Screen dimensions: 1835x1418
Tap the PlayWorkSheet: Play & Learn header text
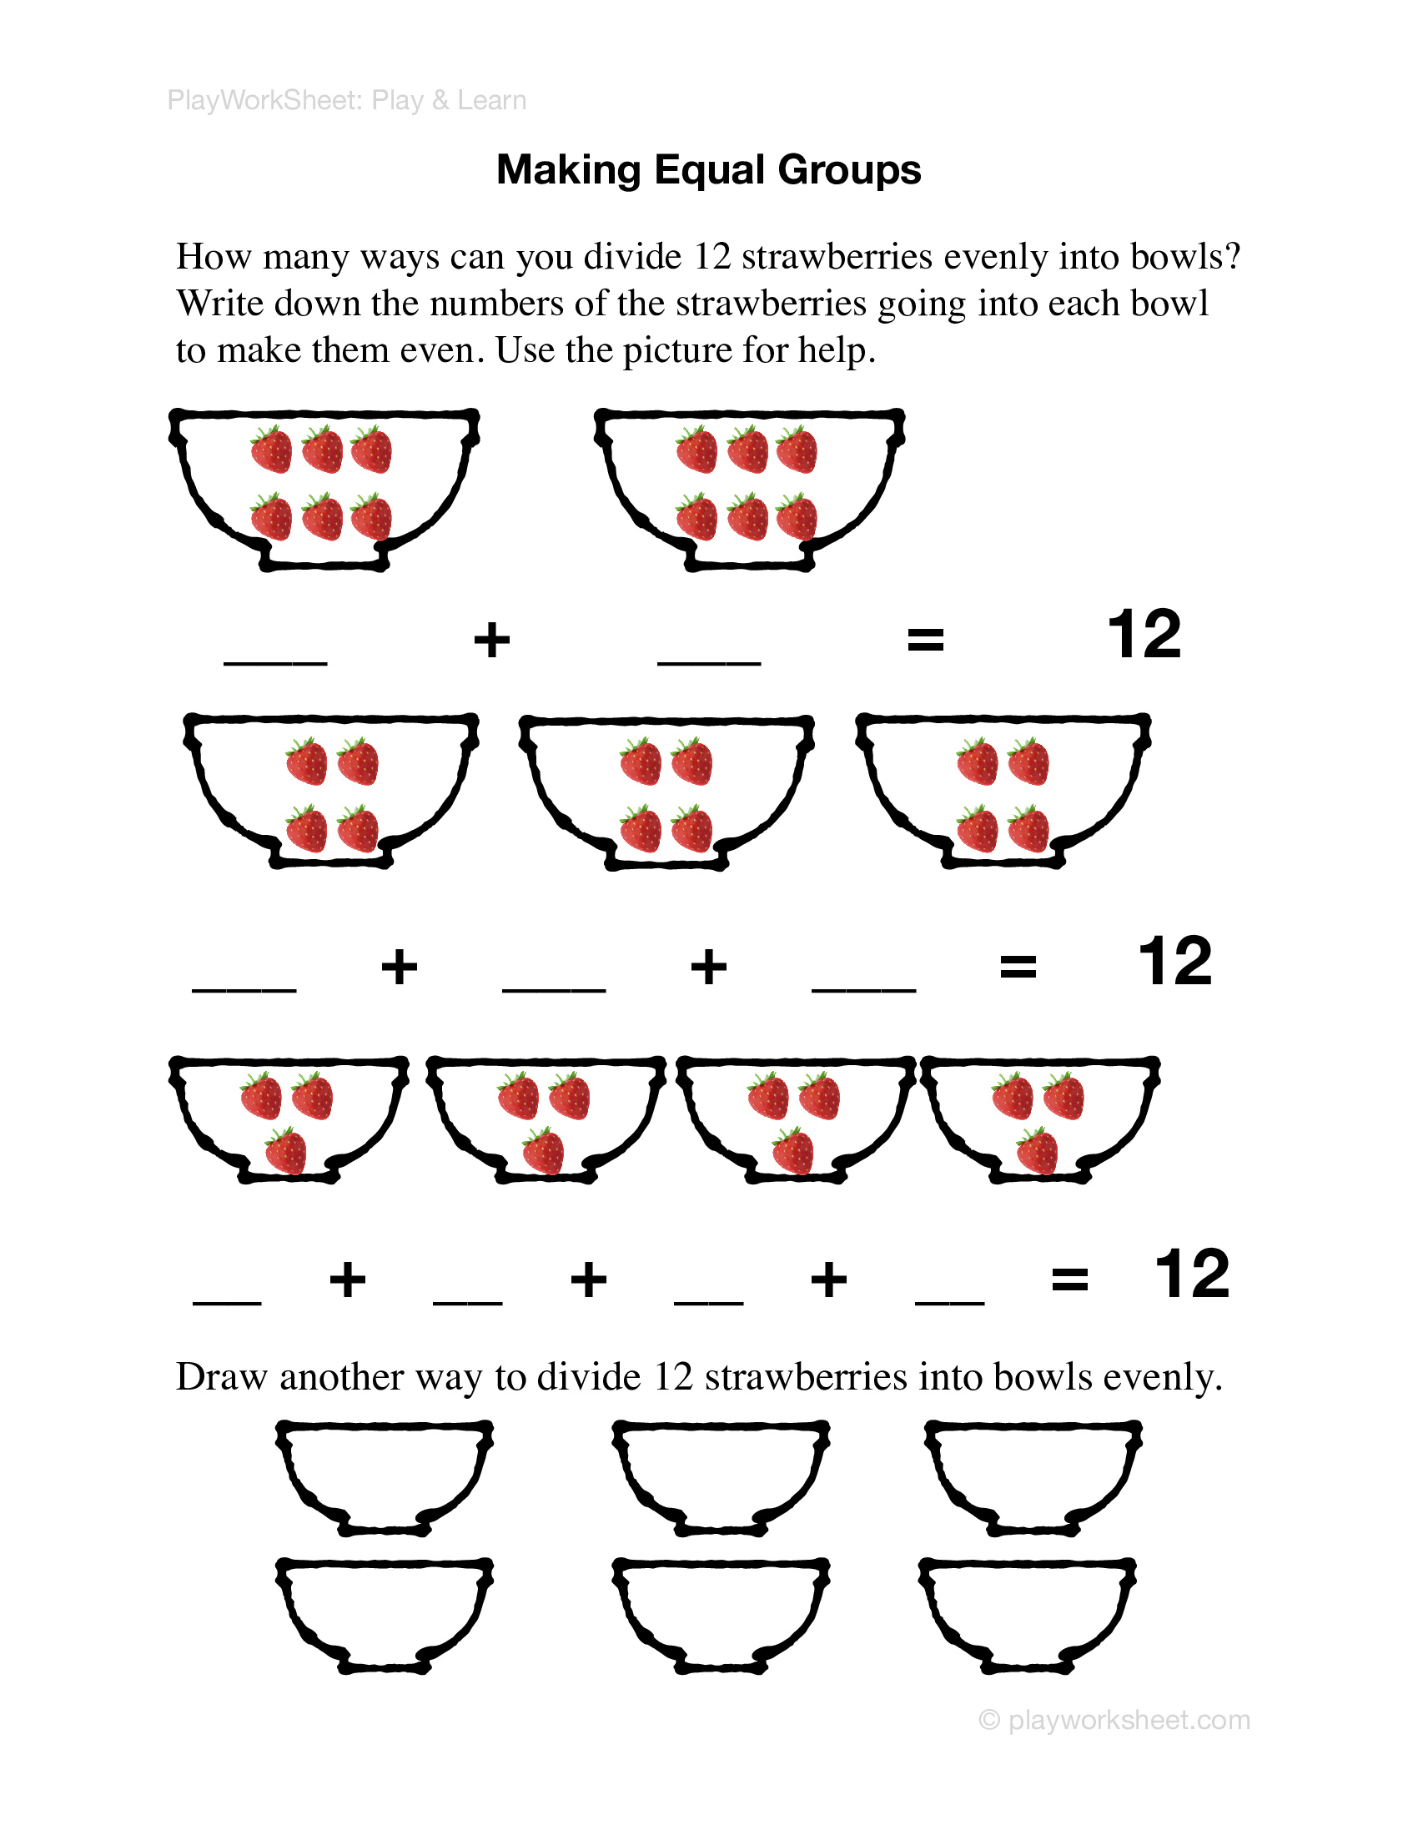click(x=346, y=100)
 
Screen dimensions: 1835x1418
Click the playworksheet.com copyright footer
click(x=1114, y=1720)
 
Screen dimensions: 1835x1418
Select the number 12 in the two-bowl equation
click(x=1144, y=636)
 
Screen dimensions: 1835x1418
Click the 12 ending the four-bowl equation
click(x=1191, y=1274)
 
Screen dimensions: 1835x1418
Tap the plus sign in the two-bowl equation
click(x=491, y=641)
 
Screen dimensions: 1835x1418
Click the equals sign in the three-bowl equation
click(x=1018, y=966)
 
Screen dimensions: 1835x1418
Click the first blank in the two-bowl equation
click(x=274, y=661)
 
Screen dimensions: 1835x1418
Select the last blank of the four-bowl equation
click(x=949, y=1301)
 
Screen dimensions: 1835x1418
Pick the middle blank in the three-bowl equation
click(x=554, y=988)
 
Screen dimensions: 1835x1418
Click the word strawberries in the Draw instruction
click(x=806, y=1377)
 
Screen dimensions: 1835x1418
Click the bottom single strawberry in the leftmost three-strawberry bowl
click(x=285, y=1151)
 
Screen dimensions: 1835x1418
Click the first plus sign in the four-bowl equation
click(x=347, y=1280)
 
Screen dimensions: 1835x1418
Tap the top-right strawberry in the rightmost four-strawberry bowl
click(x=1028, y=762)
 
